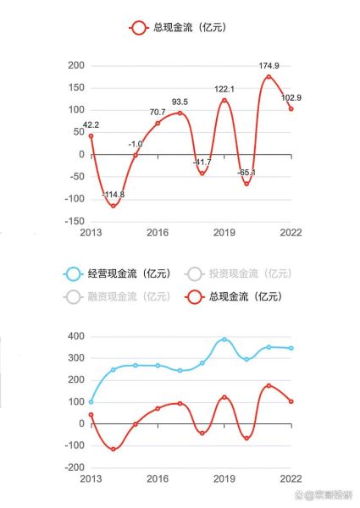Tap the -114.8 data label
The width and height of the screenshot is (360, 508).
point(113,195)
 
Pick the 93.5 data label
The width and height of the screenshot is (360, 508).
point(180,102)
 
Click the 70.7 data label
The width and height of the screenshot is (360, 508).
point(158,112)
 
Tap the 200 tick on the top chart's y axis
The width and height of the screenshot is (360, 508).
point(75,65)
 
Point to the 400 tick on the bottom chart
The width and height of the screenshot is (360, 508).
point(75,336)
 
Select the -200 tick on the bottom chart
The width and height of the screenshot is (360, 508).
point(73,467)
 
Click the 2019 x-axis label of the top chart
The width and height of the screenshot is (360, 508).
point(224,232)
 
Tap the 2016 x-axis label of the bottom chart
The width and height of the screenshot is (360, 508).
point(158,478)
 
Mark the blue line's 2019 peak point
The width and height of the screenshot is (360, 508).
point(224,340)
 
